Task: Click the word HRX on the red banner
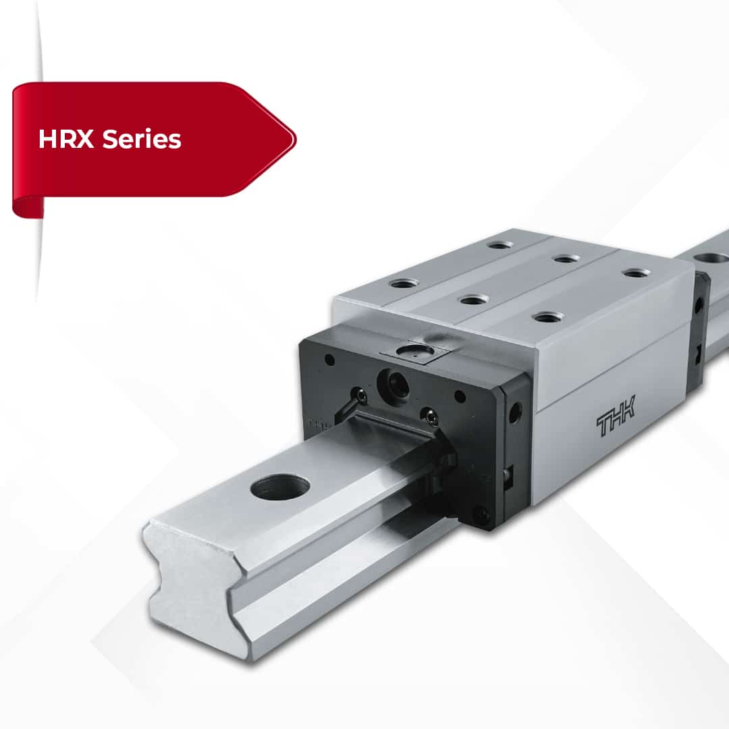tap(66, 139)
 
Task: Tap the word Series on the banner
tap(142, 139)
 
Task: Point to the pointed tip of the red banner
tap(296, 139)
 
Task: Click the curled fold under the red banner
tap(28, 207)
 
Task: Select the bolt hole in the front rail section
tap(280, 487)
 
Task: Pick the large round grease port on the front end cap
tap(393, 384)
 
